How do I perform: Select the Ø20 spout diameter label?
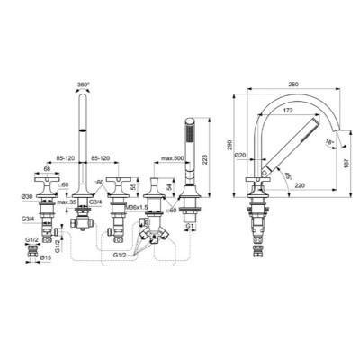241,156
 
